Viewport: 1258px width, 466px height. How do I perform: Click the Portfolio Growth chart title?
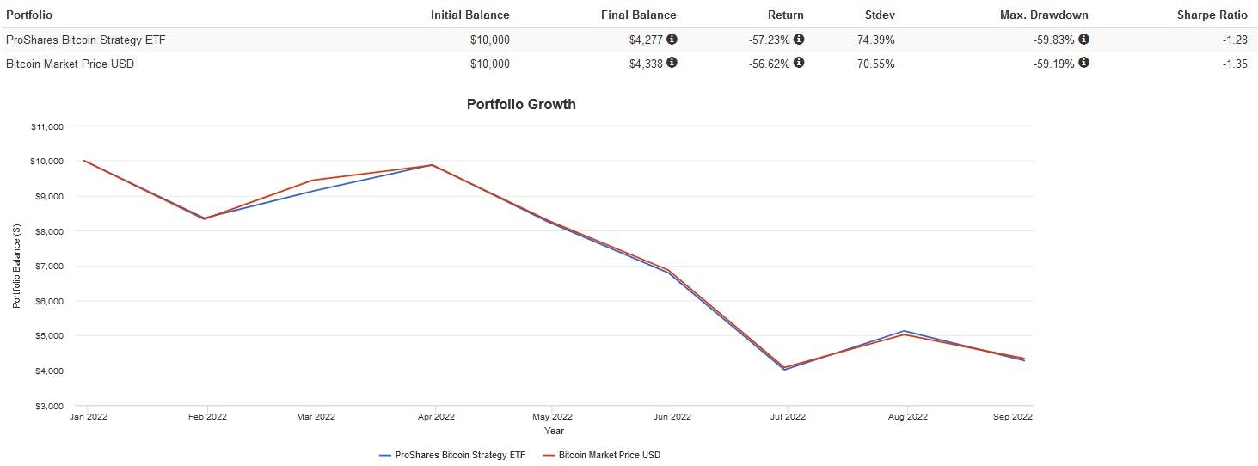pyautogui.click(x=521, y=104)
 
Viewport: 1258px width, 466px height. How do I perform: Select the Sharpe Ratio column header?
pyautogui.click(x=1212, y=15)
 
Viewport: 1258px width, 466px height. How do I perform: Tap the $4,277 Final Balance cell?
pyautogui.click(x=647, y=40)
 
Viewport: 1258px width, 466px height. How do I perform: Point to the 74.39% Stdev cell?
pyautogui.click(x=873, y=40)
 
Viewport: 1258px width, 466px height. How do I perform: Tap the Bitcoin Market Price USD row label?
pyautogui.click(x=70, y=64)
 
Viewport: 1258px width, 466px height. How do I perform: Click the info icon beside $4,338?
pyautogui.click(x=672, y=63)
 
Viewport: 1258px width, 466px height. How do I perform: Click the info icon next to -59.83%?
pyautogui.click(x=1083, y=39)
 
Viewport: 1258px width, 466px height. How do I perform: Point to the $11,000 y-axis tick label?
pyautogui.click(x=47, y=126)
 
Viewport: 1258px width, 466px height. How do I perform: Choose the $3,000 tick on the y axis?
pyautogui.click(x=49, y=406)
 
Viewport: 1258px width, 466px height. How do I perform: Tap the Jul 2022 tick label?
pyautogui.click(x=789, y=417)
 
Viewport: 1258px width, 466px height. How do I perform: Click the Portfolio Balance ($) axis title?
pyautogui.click(x=16, y=266)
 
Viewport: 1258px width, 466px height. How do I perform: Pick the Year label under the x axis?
pyautogui.click(x=554, y=431)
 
